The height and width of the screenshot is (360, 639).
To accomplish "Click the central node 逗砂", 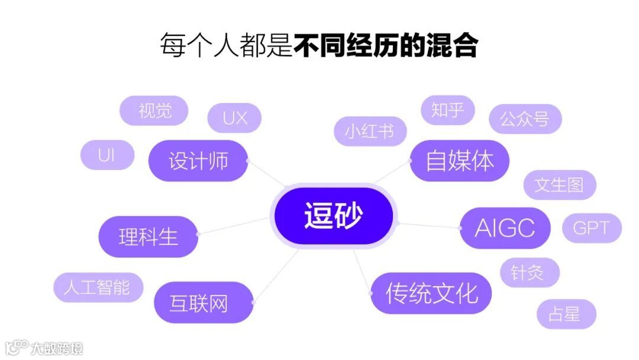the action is [x=333, y=216].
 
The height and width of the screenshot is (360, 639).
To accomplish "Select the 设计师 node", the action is [x=198, y=160].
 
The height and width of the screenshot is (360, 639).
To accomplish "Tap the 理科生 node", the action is [x=148, y=237].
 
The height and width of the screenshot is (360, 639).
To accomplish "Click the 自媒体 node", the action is [x=459, y=160].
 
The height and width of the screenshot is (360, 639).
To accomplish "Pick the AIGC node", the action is [x=505, y=228].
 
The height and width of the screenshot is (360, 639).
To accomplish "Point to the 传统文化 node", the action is [x=431, y=293].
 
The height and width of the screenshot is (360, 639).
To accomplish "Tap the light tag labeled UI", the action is [x=106, y=155].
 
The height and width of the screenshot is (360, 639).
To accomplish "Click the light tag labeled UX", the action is [x=235, y=118].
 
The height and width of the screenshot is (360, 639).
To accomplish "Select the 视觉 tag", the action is [x=154, y=111].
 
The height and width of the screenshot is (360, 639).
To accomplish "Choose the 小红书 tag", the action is [x=370, y=131].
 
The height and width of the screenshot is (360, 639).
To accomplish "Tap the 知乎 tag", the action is [x=447, y=110].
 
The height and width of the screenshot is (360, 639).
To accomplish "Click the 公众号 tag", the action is [x=524, y=118].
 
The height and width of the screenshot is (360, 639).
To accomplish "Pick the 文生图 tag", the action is [x=559, y=185].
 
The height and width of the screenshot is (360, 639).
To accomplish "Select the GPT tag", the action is [x=591, y=228].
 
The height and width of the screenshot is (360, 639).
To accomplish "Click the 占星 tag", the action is [x=564, y=314].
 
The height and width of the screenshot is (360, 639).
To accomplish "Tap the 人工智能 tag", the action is [x=98, y=288].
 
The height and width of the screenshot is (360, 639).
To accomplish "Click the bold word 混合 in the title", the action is [x=451, y=46].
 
